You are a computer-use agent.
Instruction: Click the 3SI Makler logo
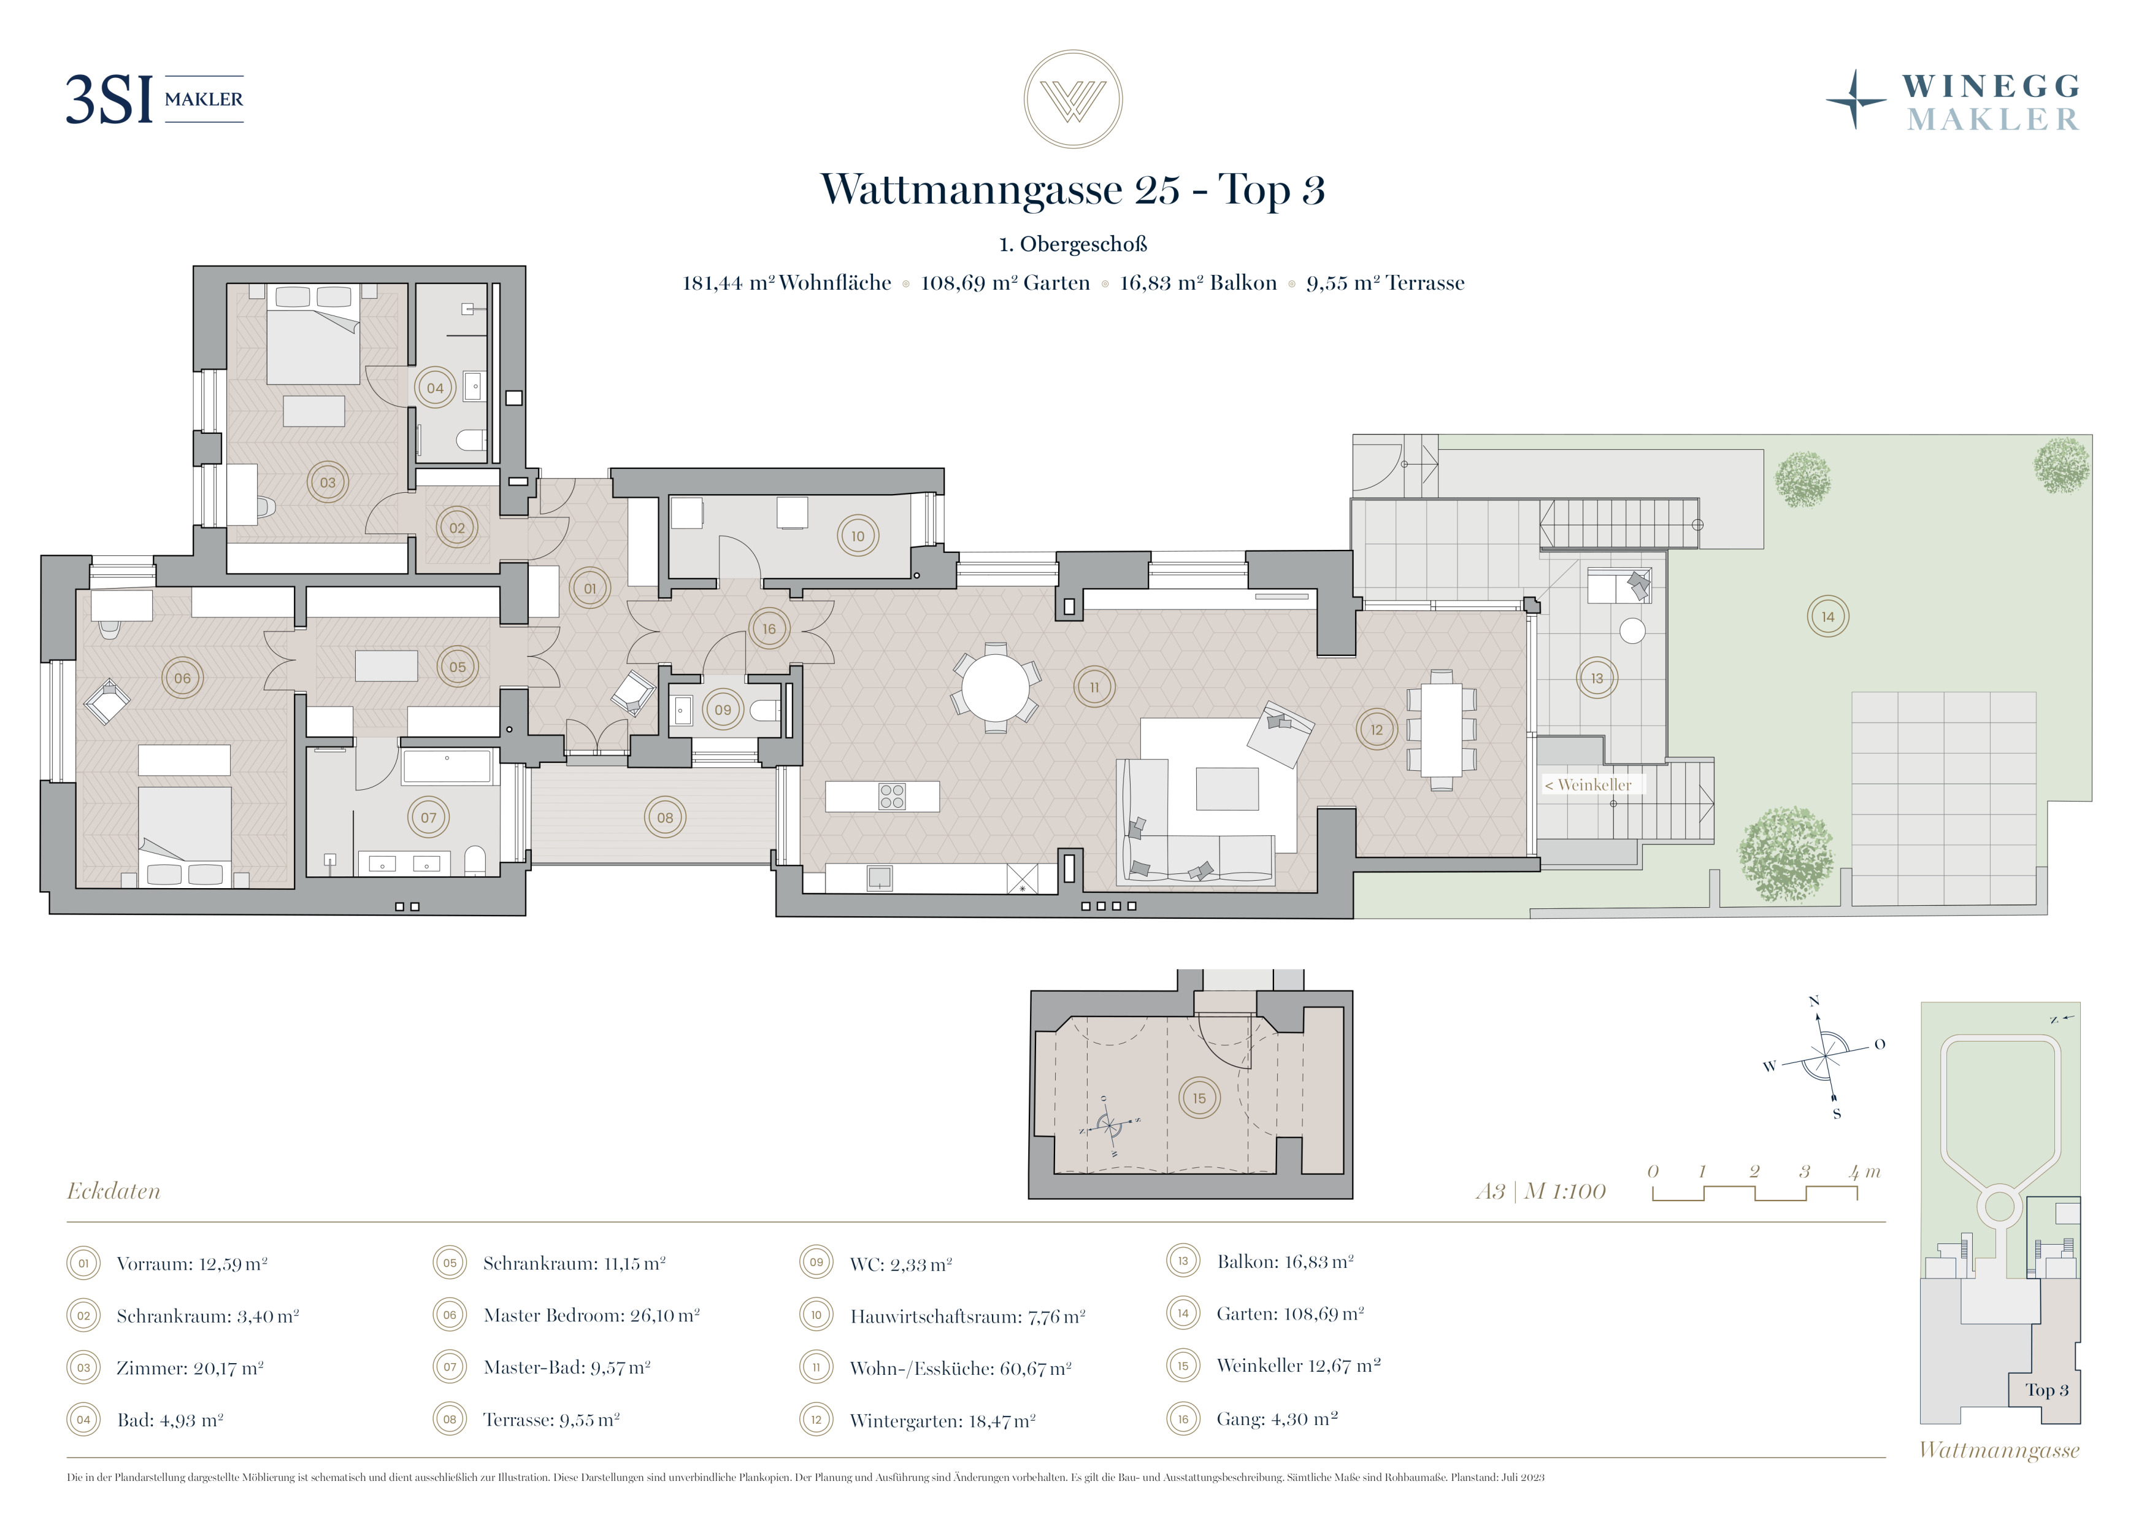155,99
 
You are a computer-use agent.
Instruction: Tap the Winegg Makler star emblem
1856,99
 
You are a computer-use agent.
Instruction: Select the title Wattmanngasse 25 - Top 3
1072,189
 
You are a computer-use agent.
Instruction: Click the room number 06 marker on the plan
182,678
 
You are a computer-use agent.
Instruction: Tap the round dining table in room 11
996,687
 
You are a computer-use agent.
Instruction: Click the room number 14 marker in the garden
1828,616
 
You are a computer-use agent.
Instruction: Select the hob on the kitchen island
892,796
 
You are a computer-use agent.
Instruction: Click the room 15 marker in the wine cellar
1200,1098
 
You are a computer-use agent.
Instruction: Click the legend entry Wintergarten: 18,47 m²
943,1421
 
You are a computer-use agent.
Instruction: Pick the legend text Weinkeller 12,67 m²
1299,1366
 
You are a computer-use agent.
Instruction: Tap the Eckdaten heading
113,1191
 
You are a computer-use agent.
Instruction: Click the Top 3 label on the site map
2047,1390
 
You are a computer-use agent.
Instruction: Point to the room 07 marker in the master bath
428,817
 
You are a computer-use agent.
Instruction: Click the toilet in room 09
765,711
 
